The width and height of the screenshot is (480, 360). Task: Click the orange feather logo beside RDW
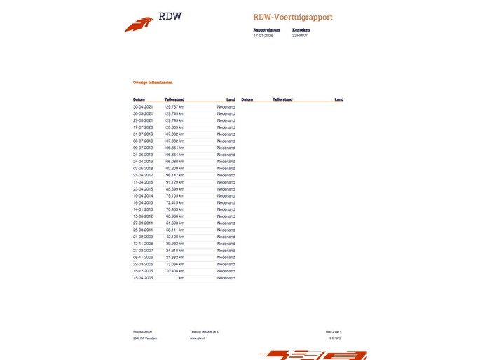(x=139, y=24)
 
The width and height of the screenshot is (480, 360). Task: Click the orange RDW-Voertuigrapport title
(x=293, y=18)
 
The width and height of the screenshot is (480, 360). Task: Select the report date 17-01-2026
(x=263, y=36)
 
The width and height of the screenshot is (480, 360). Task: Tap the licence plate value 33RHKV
(x=300, y=36)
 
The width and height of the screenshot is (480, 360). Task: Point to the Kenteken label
(x=301, y=30)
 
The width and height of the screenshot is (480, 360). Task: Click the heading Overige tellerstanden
(x=153, y=83)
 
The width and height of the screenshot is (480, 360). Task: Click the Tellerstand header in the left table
(x=174, y=100)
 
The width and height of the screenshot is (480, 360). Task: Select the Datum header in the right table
(x=247, y=100)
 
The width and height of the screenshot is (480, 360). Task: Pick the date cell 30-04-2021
(x=143, y=106)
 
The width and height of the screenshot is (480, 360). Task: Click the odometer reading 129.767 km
(x=174, y=106)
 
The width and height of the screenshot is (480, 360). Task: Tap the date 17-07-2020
(x=143, y=127)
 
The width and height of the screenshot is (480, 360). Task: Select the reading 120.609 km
(x=174, y=127)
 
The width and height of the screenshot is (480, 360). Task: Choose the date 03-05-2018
(x=143, y=169)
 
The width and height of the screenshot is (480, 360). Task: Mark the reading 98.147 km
(x=175, y=175)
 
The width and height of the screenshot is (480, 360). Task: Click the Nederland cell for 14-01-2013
(x=226, y=209)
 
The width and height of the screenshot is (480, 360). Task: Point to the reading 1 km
(x=180, y=278)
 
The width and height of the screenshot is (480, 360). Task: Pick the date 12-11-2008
(x=143, y=244)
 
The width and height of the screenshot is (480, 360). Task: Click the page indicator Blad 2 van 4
(x=334, y=331)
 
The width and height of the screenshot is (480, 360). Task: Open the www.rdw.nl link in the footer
(x=197, y=338)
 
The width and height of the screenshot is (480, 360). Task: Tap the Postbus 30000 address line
(x=143, y=331)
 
